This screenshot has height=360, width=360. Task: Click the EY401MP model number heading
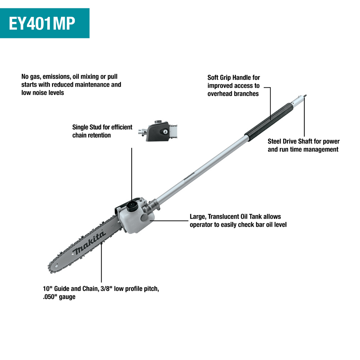42,23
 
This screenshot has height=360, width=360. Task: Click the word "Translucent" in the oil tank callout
224,217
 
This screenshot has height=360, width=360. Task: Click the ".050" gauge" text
59,297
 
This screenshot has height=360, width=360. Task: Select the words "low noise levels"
43,93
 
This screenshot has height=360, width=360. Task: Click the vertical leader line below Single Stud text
132,173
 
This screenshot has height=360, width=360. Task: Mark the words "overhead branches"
233,94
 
